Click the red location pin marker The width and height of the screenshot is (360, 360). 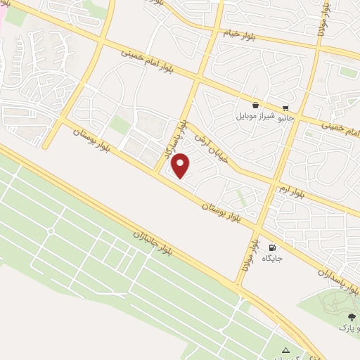point(181,166)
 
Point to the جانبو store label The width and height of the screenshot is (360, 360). point(286,119)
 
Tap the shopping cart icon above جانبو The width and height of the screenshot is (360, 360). point(285,108)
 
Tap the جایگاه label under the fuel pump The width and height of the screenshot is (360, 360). point(272,259)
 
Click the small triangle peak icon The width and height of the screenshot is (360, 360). point(285,350)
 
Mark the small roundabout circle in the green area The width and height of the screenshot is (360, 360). point(51,231)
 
